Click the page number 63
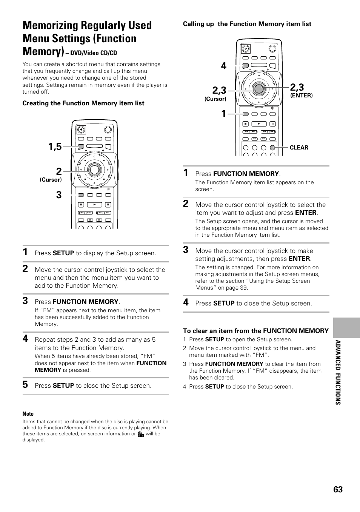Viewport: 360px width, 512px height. pyautogui.click(x=338, y=489)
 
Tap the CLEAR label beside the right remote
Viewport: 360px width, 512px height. pyautogui.click(x=299, y=148)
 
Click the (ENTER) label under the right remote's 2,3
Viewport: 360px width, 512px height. pyautogui.click(x=301, y=96)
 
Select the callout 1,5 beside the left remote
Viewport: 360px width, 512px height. pyautogui.click(x=55, y=147)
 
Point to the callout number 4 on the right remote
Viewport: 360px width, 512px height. pyautogui.click(x=223, y=66)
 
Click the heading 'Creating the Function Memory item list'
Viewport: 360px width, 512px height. pyautogui.click(x=83, y=103)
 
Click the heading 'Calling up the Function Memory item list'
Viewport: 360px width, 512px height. pyautogui.click(x=247, y=24)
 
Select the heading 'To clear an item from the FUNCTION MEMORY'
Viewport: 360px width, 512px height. pyautogui.click(x=255, y=331)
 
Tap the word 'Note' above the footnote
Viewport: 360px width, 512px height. pyautogui.click(x=28, y=414)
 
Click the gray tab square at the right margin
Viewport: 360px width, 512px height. pyautogui.click(x=346, y=327)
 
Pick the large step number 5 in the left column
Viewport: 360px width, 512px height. pyautogui.click(x=25, y=384)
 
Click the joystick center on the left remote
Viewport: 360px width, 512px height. pyautogui.click(x=94, y=169)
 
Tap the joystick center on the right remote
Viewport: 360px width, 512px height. pyautogui.click(x=258, y=88)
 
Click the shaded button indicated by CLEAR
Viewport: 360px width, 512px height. pyautogui.click(x=272, y=148)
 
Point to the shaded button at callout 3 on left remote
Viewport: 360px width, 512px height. pyautogui.click(x=81, y=195)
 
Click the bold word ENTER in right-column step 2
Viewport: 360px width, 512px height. pyautogui.click(x=306, y=213)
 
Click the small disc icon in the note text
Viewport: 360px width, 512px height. pyautogui.click(x=141, y=434)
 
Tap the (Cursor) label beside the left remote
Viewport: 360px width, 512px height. pyautogui.click(x=51, y=180)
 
